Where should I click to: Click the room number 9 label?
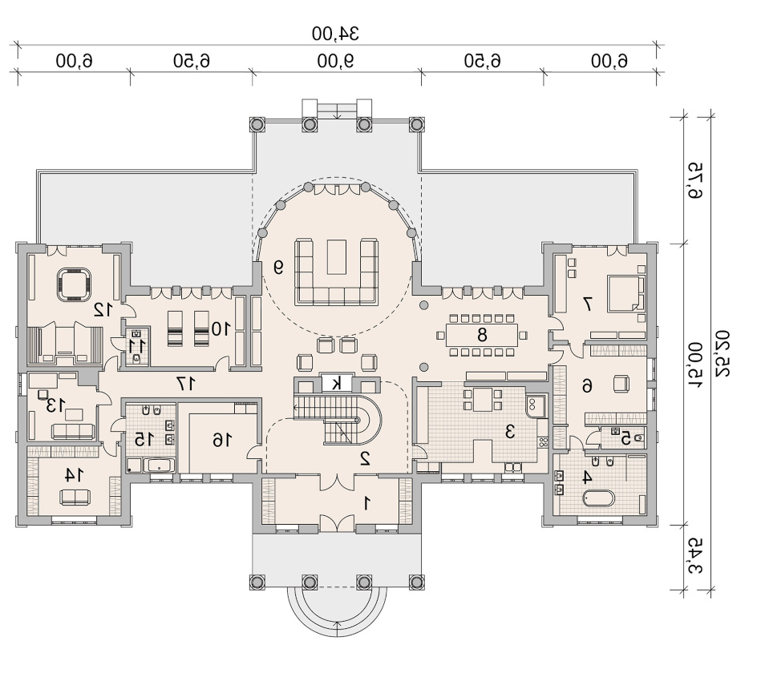(278, 267)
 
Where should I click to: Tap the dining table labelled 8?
(482, 334)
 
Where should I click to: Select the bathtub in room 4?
(598, 498)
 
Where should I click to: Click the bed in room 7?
(625, 292)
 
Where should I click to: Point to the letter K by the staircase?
(337, 383)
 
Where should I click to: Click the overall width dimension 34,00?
(335, 34)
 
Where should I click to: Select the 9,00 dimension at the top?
(335, 61)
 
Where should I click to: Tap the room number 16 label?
(222, 440)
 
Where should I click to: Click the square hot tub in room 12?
(74, 284)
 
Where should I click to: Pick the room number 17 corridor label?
(186, 384)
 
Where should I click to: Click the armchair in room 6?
(621, 384)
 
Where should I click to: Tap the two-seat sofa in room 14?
(75, 497)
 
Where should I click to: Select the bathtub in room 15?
(160, 465)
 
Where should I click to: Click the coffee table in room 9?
(337, 256)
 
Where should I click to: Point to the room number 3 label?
(510, 431)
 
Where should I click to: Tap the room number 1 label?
(366, 503)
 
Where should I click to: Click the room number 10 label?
(221, 328)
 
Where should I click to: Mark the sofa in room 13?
(73, 431)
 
